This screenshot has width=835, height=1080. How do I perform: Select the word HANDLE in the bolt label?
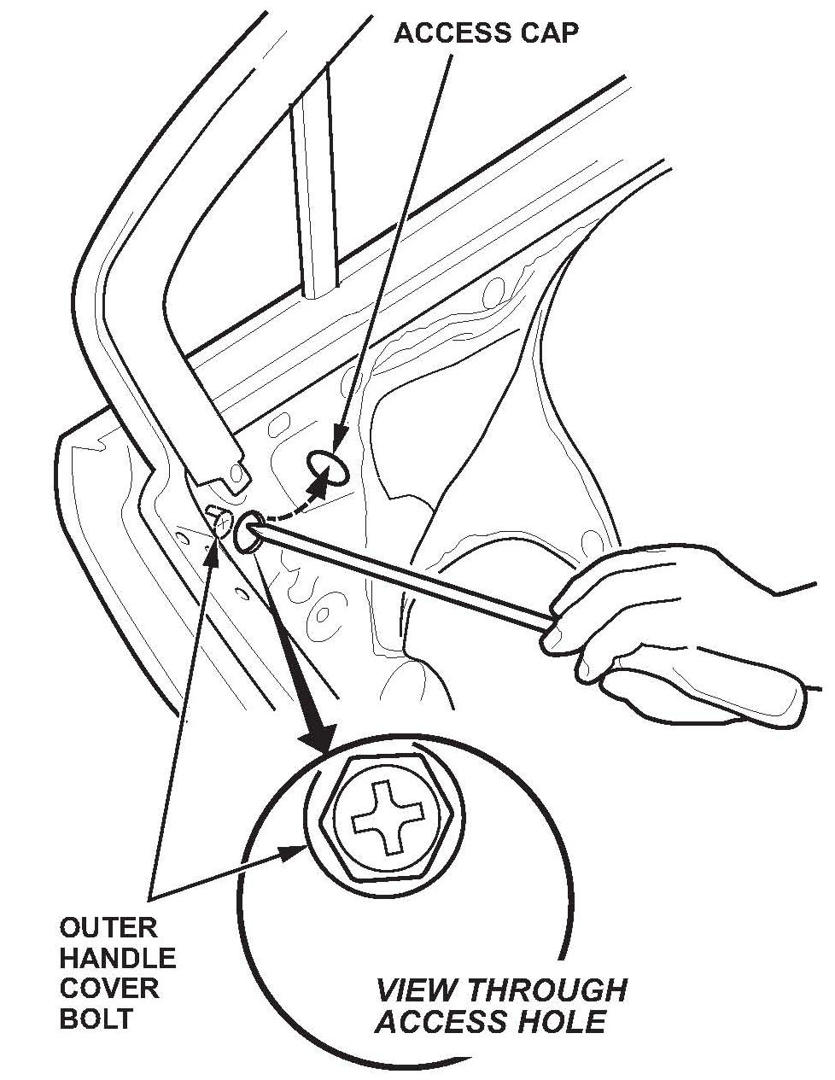(x=118, y=958)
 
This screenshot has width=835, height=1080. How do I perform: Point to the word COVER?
(x=109, y=988)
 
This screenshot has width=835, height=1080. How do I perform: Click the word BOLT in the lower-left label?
(x=96, y=1019)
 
